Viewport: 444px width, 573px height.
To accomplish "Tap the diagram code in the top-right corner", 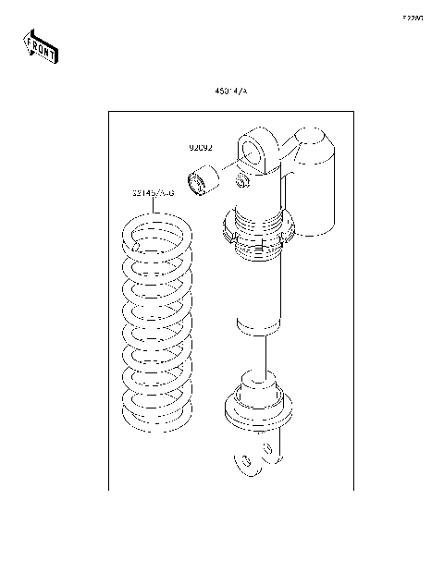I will coord(412,18).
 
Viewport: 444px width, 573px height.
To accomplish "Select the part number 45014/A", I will coord(231,92).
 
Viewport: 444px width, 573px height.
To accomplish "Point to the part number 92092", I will coord(201,148).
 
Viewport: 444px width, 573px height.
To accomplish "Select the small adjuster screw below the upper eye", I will coord(244,179).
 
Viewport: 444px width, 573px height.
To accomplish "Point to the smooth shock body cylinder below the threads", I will coord(258,296).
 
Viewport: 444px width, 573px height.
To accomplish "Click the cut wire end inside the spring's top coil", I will coord(138,246).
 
